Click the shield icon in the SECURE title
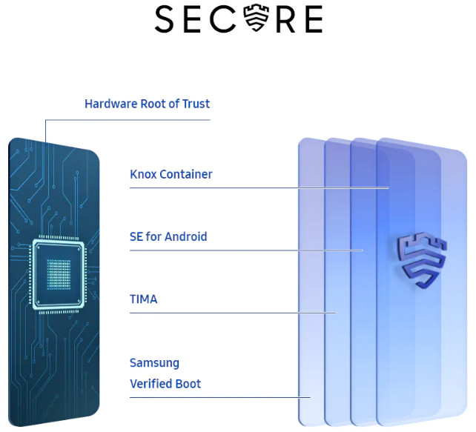point(257,18)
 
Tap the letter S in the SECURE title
point(164,19)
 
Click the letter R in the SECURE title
point(285,20)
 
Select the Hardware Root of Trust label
point(147,104)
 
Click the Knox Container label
point(171,174)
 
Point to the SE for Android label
point(168,236)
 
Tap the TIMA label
point(144,299)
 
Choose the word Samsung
point(154,363)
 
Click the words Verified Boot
point(165,384)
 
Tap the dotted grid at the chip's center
point(59,274)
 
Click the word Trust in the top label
point(196,104)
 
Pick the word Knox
point(143,174)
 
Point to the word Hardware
point(111,104)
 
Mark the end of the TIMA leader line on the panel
point(337,313)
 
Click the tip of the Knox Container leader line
point(389,187)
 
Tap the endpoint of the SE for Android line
point(363,250)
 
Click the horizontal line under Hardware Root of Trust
point(128,120)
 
